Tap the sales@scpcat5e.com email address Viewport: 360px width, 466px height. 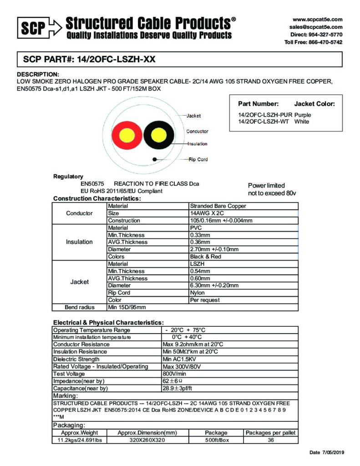(316, 27)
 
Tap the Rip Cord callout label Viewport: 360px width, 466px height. (198, 159)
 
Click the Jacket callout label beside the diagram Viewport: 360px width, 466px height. (193, 116)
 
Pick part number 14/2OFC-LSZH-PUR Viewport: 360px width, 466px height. (262, 115)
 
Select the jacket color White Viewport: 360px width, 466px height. (302, 122)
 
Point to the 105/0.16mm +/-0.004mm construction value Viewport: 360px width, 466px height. (221, 221)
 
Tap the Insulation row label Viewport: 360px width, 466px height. (79, 242)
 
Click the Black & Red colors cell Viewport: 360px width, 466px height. (205, 257)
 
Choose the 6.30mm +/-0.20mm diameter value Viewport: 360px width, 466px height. (214, 286)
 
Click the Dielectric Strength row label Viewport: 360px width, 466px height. (76, 359)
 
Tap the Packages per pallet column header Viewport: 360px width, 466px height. (270, 433)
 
